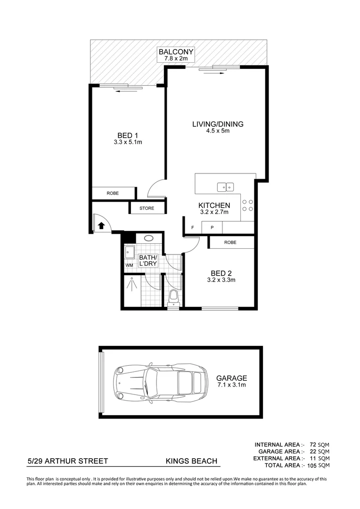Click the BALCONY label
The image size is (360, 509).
(x=176, y=52)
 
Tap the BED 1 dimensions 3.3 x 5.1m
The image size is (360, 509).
(x=128, y=142)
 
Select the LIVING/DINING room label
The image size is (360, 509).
(x=218, y=124)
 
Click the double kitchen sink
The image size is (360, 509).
(x=226, y=187)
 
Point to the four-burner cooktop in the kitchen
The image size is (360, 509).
(x=247, y=205)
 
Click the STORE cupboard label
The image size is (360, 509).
(x=147, y=208)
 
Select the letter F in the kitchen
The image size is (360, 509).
(x=193, y=228)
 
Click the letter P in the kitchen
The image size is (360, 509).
(x=212, y=228)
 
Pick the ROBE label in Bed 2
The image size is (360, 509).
(x=230, y=242)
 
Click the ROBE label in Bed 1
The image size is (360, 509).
(x=113, y=193)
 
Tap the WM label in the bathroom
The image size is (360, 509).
(x=129, y=265)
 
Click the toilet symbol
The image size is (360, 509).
(x=173, y=298)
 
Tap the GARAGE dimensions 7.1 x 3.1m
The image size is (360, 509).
(x=231, y=385)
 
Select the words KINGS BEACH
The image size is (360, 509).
(x=191, y=461)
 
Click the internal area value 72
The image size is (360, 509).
(x=313, y=445)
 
